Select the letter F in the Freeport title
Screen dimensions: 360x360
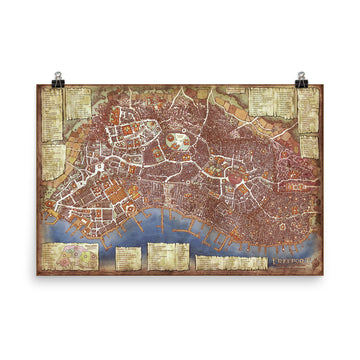pos(273,262)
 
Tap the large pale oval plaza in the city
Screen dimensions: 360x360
pos(181,142)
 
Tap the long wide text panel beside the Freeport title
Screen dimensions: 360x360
pos(230,263)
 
